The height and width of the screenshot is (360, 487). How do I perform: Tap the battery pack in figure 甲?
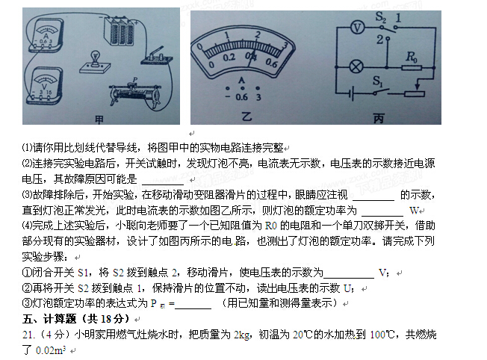click(x=119, y=31)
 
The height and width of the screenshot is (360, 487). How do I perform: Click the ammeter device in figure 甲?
click(x=46, y=35)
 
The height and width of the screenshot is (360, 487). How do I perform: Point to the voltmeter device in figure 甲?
click(x=44, y=85)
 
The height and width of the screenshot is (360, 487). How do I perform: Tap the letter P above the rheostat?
click(x=134, y=80)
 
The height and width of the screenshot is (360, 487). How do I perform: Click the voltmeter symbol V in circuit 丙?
click(x=357, y=28)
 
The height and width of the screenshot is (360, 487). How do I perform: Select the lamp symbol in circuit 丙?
click(x=356, y=66)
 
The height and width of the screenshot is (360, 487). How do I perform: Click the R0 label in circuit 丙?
click(x=412, y=57)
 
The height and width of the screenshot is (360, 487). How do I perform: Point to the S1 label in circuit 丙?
click(x=377, y=81)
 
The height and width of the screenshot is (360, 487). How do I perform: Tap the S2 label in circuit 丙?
click(x=380, y=17)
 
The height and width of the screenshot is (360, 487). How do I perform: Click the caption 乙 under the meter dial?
click(x=246, y=117)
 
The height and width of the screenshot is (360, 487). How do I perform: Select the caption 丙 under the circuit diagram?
click(x=378, y=118)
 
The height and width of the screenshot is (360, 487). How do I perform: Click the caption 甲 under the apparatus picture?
click(x=99, y=120)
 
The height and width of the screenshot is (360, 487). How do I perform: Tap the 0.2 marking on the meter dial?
click(x=229, y=58)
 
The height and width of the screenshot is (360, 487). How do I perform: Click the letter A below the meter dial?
click(x=242, y=81)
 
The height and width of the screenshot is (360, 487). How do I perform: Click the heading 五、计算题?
click(x=49, y=319)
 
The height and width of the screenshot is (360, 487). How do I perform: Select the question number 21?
click(x=28, y=335)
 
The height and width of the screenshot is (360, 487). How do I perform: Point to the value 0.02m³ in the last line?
click(x=51, y=350)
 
